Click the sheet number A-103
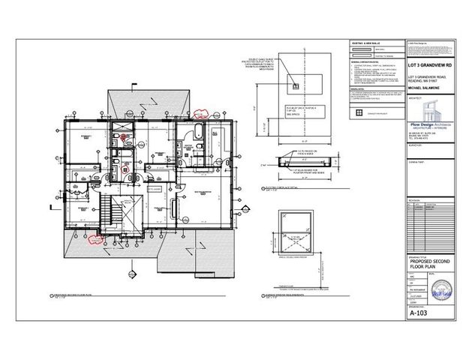point(418,314)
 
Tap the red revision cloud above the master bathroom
point(200,115)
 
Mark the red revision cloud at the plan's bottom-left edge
point(95,239)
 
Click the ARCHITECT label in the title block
point(413,96)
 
